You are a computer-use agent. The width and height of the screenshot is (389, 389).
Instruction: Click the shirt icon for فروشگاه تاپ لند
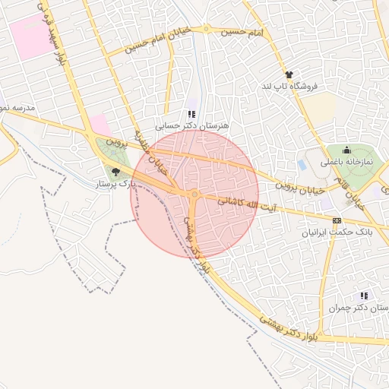pyautogui.click(x=289, y=74)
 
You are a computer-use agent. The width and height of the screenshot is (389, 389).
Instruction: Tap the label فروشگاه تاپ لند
pyautogui.click(x=289, y=87)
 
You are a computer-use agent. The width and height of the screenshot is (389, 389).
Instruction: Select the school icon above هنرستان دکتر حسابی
pyautogui.click(x=191, y=113)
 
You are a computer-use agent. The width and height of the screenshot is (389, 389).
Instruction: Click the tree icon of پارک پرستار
pyautogui.click(x=115, y=172)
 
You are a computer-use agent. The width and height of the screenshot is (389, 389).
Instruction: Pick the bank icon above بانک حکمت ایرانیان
pyautogui.click(x=337, y=220)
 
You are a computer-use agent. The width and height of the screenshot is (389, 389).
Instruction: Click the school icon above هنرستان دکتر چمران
pyautogui.click(x=364, y=296)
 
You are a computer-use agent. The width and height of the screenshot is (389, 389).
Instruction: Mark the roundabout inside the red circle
pyautogui.click(x=194, y=195)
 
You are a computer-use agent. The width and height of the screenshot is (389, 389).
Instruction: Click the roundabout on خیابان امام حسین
pyautogui.click(x=206, y=30)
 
